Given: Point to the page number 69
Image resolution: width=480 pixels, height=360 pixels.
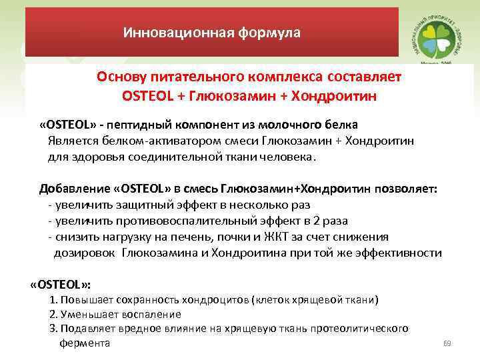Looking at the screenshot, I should [447, 344].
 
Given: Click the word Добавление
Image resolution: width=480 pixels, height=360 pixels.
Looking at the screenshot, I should [71, 188].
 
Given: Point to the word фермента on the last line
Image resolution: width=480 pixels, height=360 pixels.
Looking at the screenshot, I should [85, 343].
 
